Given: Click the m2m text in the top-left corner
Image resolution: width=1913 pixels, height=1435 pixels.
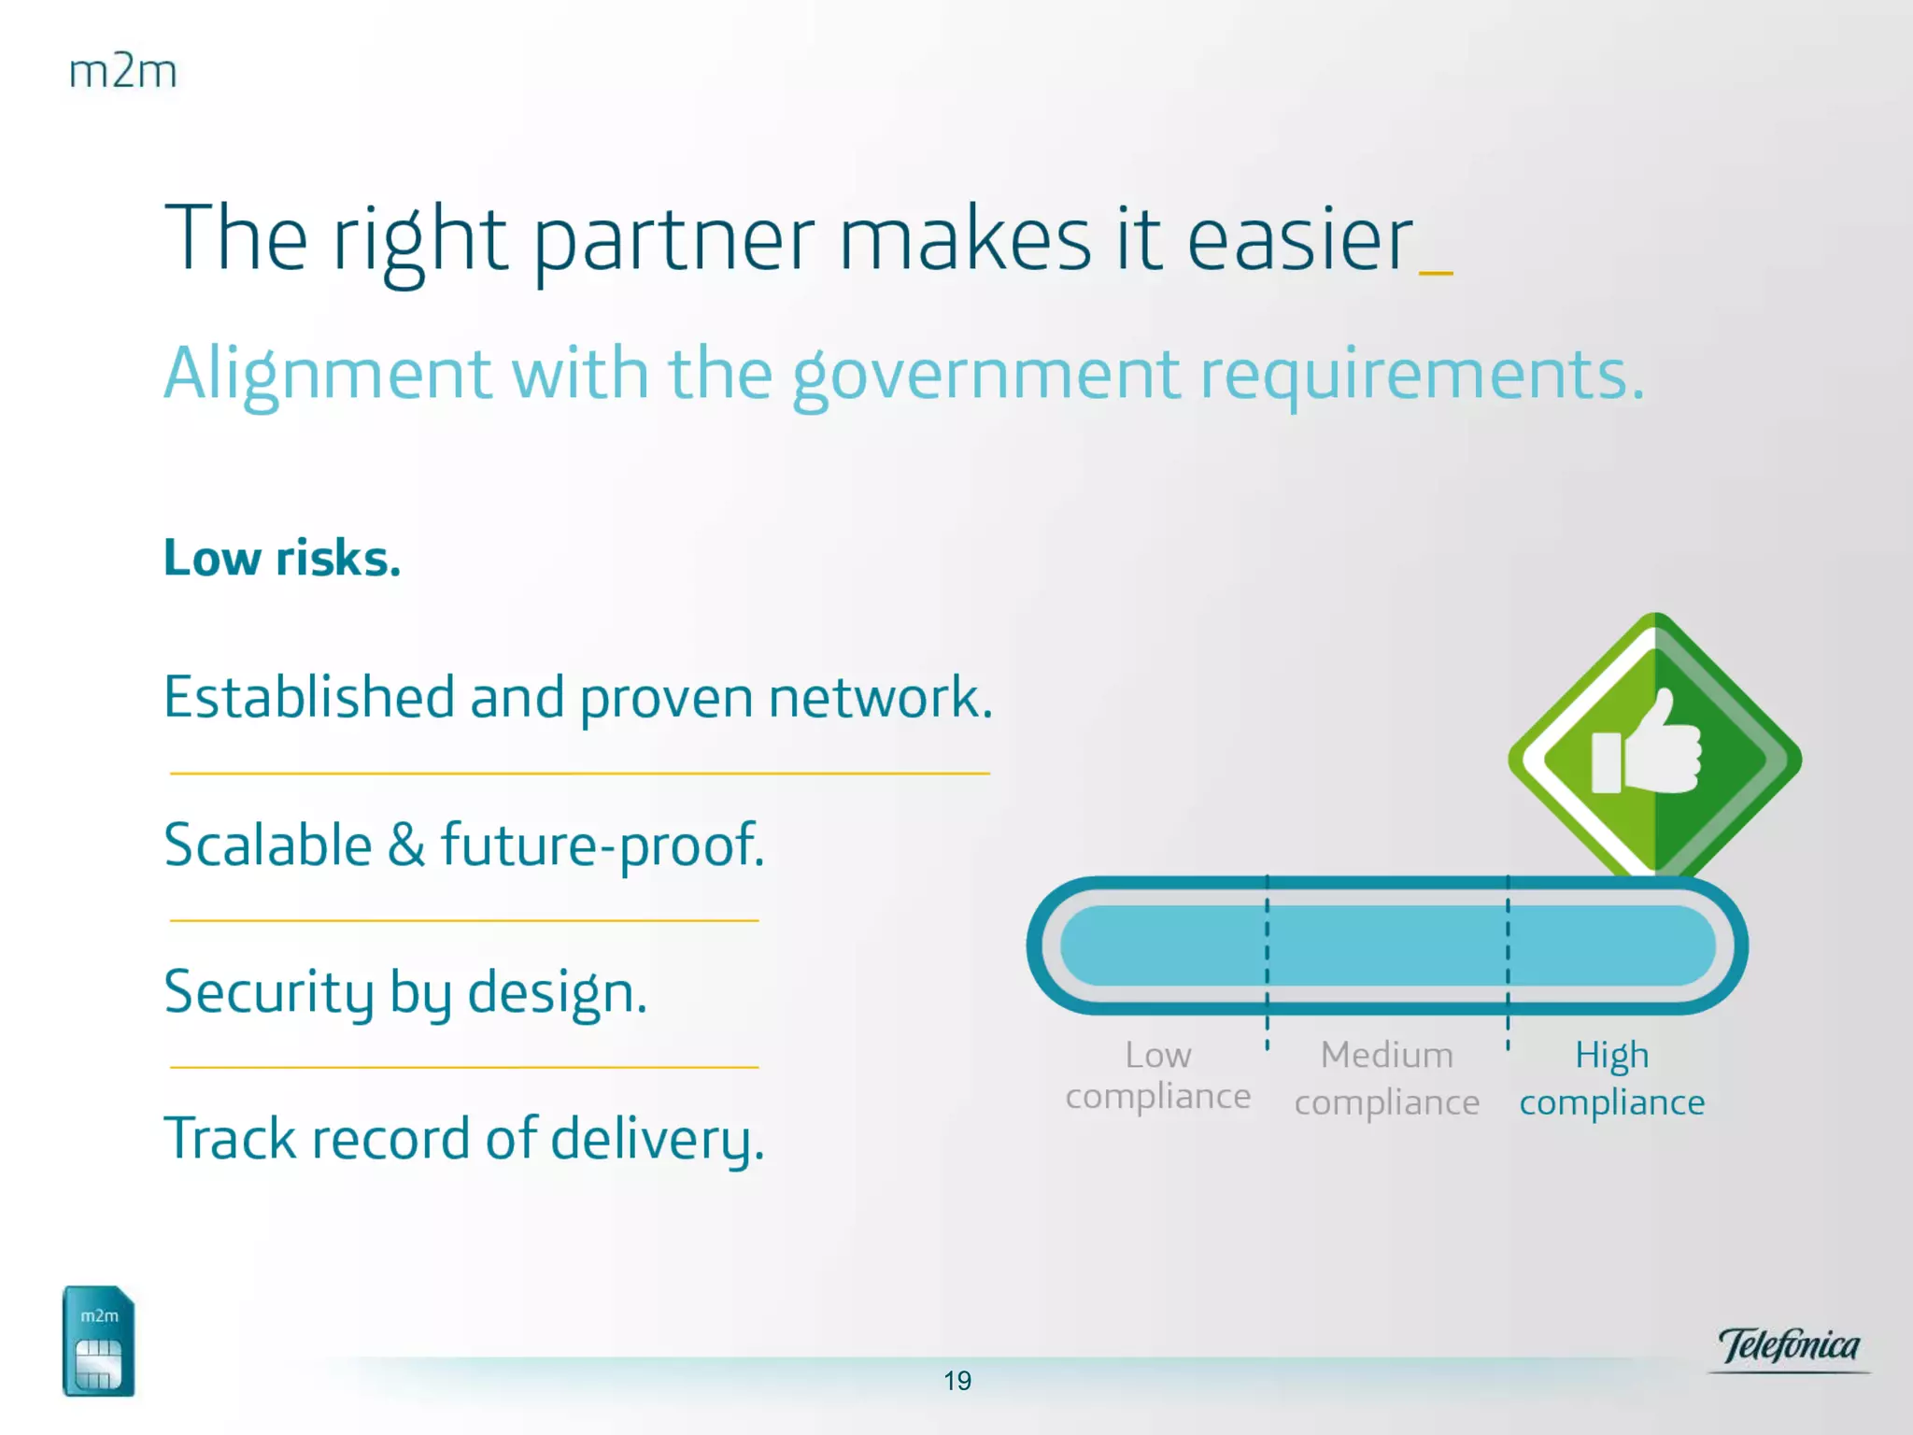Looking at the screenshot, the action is [122, 72].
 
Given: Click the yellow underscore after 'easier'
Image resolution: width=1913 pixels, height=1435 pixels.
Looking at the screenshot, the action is [1436, 273].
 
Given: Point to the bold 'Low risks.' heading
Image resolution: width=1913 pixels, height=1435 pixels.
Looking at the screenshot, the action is [282, 558].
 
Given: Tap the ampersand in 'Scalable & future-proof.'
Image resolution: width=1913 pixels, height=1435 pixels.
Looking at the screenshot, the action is [406, 845].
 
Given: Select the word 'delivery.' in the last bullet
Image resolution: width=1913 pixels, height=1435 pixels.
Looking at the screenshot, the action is [658, 1140].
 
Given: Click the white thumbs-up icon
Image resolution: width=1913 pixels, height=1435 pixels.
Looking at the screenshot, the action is [1646, 743].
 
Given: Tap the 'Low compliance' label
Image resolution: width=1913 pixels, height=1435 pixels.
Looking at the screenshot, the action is [1158, 1075].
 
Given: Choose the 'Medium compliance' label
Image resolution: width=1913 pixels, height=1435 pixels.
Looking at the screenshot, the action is [1387, 1079].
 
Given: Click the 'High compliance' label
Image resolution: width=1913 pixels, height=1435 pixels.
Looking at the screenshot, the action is [1612, 1079].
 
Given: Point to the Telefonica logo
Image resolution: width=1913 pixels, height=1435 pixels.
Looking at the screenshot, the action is [1789, 1348].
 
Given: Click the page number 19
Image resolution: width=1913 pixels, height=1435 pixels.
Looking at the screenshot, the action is [957, 1381].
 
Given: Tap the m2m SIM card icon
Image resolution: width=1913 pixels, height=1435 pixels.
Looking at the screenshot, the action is [98, 1341].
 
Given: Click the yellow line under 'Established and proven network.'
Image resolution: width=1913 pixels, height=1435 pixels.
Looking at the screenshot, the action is [579, 774].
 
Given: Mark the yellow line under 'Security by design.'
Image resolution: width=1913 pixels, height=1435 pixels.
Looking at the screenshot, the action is [464, 1067].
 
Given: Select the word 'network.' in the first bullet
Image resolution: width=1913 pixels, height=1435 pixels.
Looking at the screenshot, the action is [881, 697].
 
